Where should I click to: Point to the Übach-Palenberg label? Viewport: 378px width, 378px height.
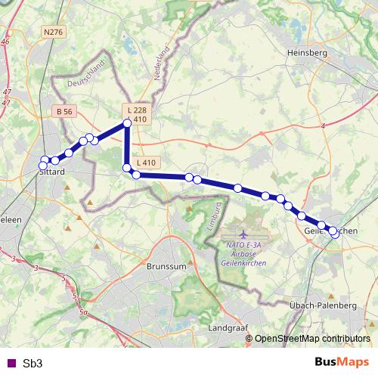323,305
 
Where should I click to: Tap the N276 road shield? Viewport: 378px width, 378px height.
53,32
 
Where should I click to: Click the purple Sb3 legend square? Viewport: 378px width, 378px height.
9,363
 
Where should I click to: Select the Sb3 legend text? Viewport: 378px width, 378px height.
33,363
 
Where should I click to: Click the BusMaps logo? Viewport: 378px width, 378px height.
342,362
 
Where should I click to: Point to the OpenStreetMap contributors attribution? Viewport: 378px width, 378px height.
313,339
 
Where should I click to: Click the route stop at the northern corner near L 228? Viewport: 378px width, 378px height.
127,123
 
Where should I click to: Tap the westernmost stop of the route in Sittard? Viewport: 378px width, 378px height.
44,160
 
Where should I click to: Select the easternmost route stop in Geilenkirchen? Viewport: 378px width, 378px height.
335,234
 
